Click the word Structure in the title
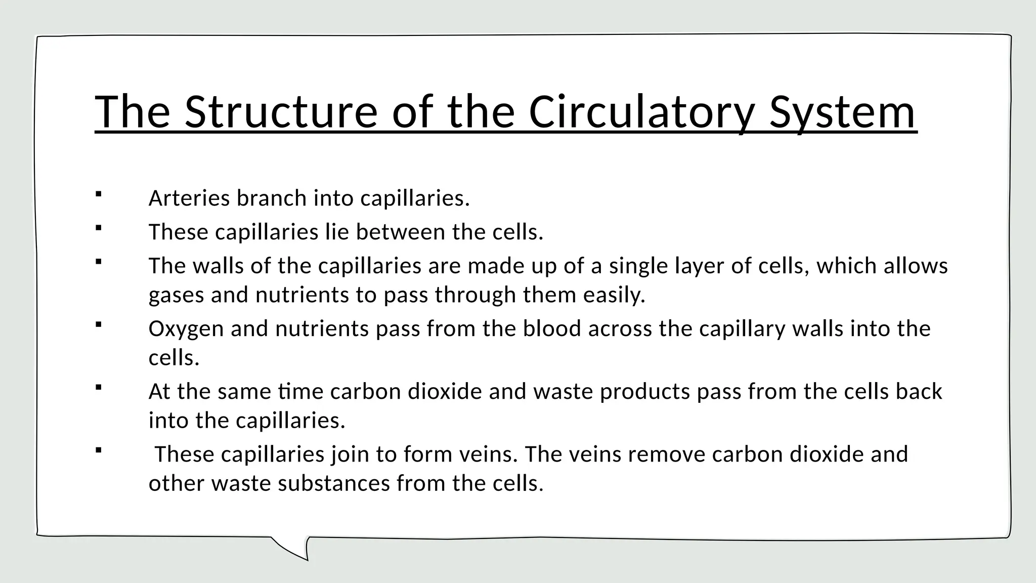tap(280, 112)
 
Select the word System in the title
tap(842, 112)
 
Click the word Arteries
tap(189, 198)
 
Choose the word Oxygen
tap(186, 329)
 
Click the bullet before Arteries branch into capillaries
tap(99, 194)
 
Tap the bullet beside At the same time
tap(99, 388)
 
